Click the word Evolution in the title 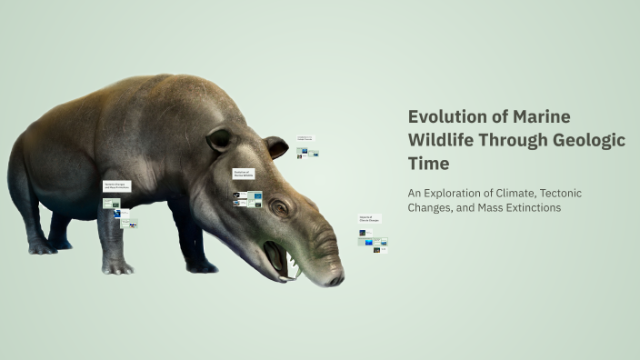pos(443,116)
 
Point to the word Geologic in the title pos(591,140)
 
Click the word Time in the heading pos(428,164)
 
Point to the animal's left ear pos(218,140)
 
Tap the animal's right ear pos(275,146)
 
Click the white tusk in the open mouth pos(296,271)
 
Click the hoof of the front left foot pos(117,267)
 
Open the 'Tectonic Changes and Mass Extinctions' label pos(116,185)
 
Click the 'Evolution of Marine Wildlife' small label pos(243,173)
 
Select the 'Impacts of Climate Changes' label pos(369,219)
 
